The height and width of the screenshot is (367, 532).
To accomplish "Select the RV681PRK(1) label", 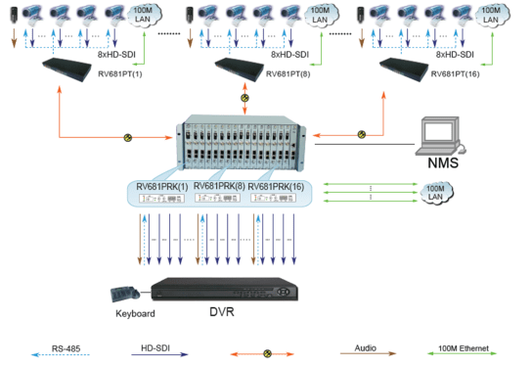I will pyautogui.click(x=162, y=185).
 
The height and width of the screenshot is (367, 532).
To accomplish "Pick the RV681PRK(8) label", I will pyautogui.click(x=219, y=185).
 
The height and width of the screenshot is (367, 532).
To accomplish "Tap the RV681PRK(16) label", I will pyautogui.click(x=277, y=185).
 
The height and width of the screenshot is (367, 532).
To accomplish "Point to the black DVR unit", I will pyautogui.click(x=224, y=290).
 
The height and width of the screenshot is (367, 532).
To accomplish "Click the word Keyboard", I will pyautogui.click(x=125, y=315).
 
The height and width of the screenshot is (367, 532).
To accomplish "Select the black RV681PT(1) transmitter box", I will pyautogui.click(x=74, y=68).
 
